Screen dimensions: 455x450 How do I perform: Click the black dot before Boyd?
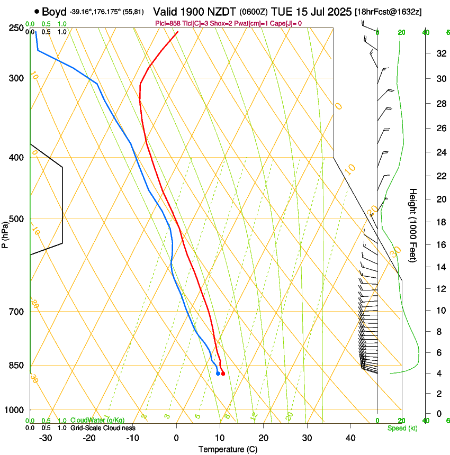(37, 11)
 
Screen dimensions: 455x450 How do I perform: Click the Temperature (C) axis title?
(228, 449)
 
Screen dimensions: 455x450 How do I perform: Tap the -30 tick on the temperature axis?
(46, 438)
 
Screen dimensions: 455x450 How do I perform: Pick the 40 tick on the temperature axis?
(350, 438)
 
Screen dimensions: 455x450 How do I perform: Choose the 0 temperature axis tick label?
(176, 438)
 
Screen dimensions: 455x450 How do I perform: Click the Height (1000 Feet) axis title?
(413, 225)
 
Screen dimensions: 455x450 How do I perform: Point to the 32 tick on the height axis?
(440, 53)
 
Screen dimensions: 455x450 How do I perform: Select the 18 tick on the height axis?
(440, 222)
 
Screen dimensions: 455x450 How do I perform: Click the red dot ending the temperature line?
(223, 374)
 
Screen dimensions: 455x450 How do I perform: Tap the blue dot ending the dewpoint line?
(218, 374)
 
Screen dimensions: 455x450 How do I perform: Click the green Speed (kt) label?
(402, 428)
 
